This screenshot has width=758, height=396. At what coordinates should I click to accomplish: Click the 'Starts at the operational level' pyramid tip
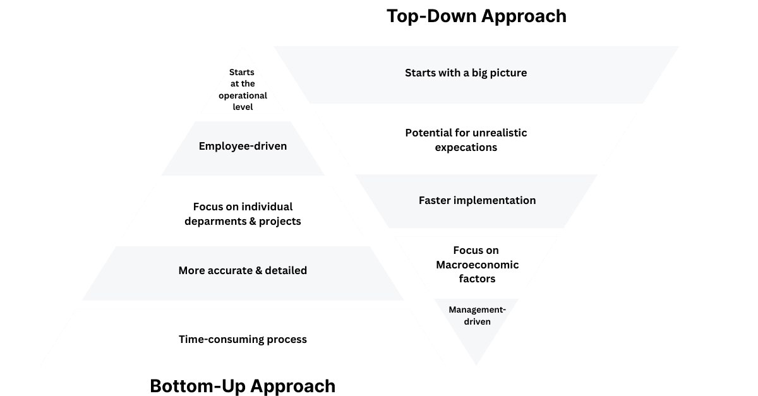click(243, 89)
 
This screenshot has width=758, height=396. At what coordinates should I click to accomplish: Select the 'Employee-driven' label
click(243, 146)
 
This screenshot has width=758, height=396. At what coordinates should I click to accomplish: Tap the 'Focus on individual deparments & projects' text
click(243, 214)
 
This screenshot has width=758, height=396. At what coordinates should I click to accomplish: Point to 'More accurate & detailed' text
click(243, 270)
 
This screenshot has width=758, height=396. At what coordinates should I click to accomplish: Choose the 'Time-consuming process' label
click(243, 339)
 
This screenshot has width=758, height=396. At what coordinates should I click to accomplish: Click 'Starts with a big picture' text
click(466, 73)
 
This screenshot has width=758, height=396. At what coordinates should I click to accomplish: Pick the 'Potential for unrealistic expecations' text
click(466, 140)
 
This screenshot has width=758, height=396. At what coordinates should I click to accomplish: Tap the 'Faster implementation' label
click(477, 200)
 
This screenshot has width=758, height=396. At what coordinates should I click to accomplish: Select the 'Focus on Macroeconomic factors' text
click(476, 265)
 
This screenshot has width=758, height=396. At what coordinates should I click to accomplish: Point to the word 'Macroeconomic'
click(476, 265)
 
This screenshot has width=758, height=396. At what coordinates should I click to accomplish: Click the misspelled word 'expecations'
click(466, 147)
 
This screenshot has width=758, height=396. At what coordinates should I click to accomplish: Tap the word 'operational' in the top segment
click(243, 95)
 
